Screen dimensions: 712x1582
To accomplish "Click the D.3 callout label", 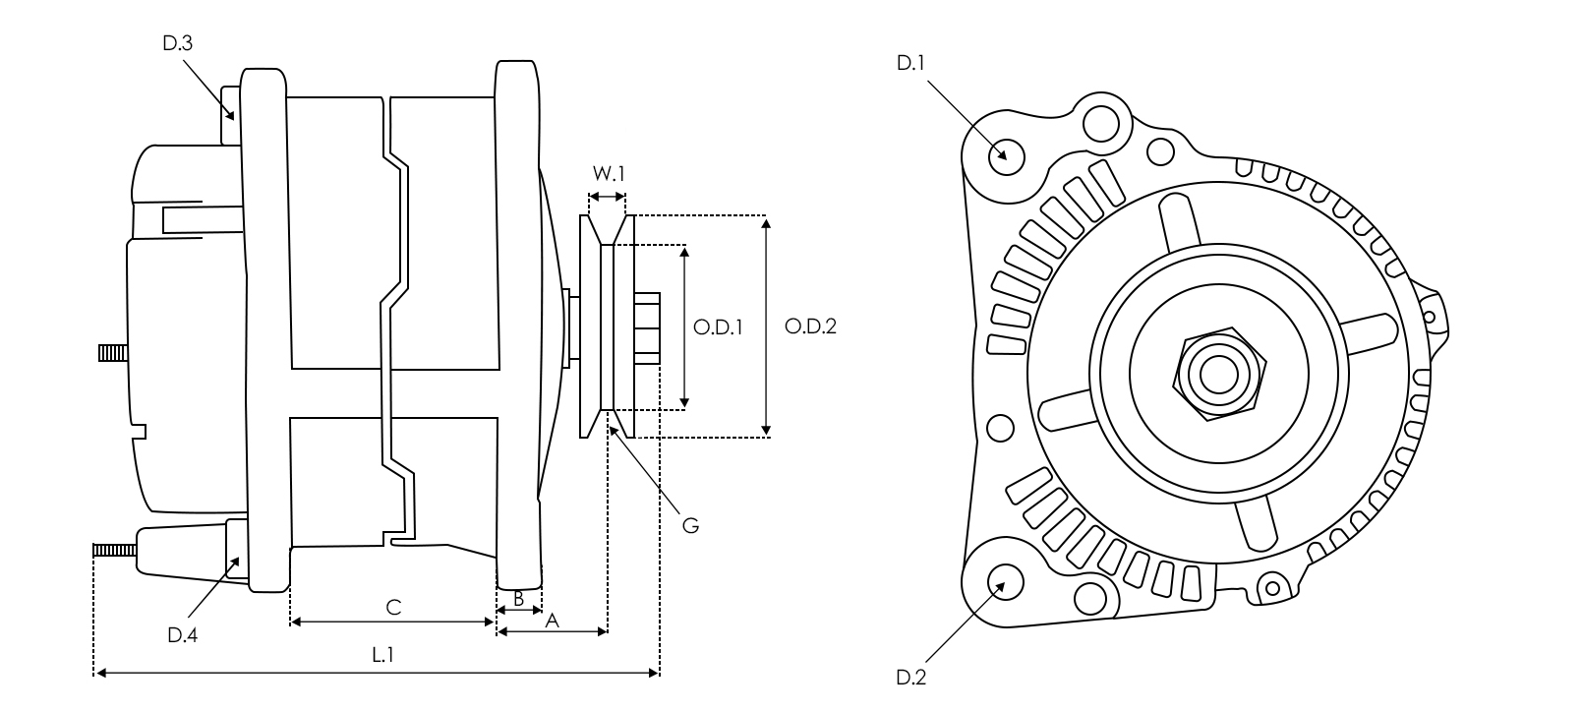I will coord(178,43).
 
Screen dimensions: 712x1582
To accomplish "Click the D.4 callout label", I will coord(182,635).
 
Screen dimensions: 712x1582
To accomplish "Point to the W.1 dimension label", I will coord(608,174).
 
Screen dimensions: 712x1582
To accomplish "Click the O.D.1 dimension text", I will coord(717,326).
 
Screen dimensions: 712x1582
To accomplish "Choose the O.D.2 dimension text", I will coord(810,326).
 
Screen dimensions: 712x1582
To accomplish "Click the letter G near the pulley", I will coord(690,525).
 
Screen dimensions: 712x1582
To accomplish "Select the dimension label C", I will coord(392,608).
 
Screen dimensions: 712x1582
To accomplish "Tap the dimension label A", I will coord(552,621).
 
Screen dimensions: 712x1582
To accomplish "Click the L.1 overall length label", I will coord(383,655).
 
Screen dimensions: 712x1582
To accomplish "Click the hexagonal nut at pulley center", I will coord(1220,374).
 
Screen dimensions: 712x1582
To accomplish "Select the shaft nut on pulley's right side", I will coord(647,327).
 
